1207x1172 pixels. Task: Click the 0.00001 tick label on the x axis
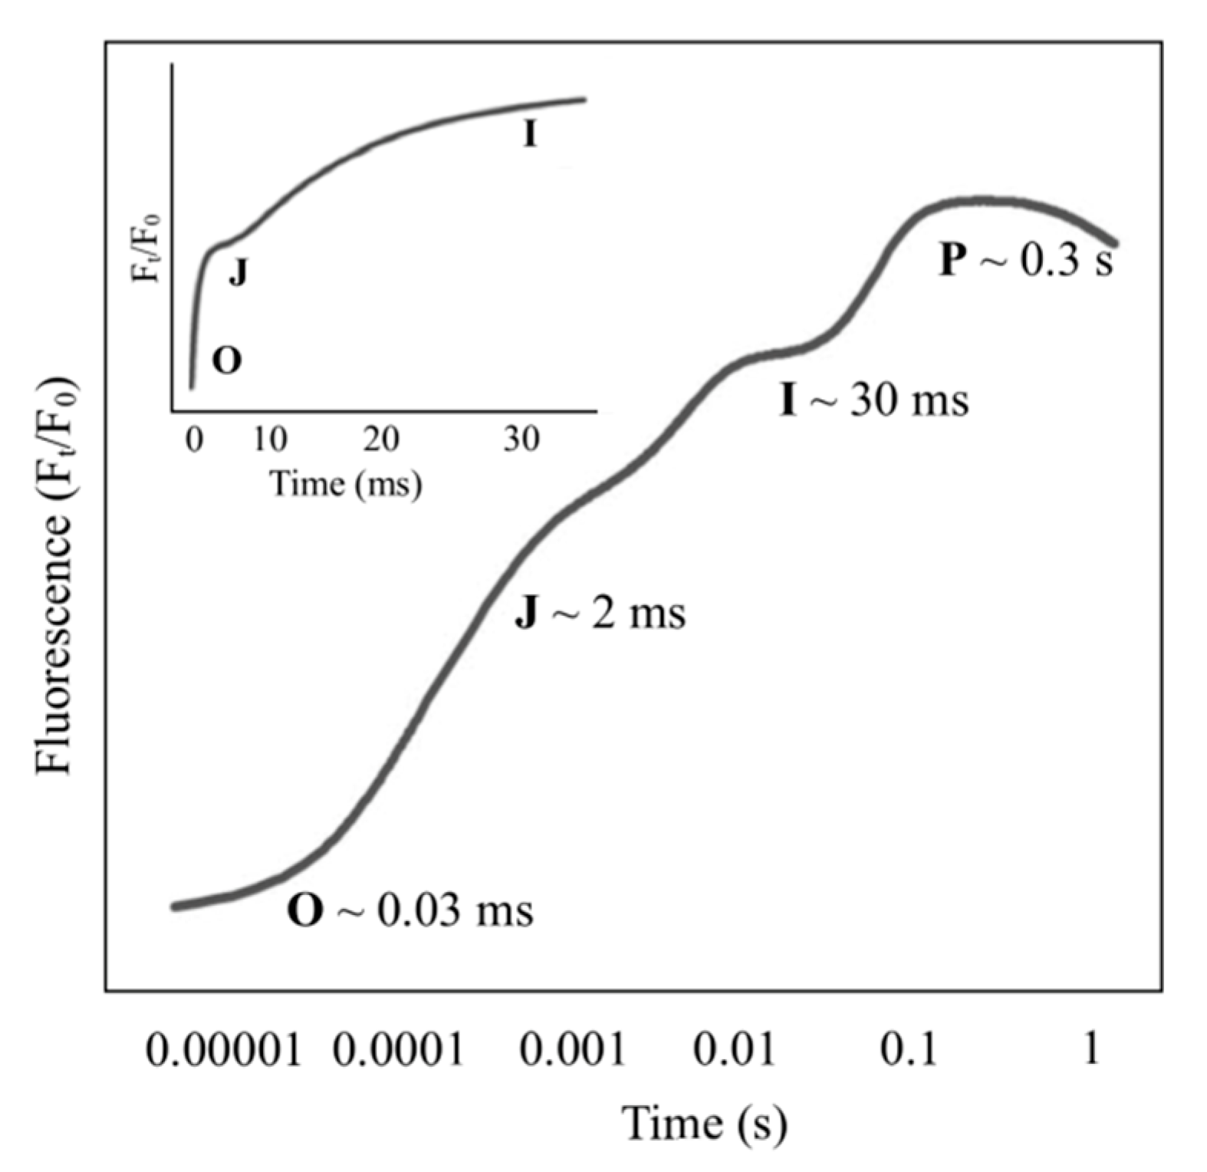click(223, 1049)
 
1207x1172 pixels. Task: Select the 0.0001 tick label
click(398, 1049)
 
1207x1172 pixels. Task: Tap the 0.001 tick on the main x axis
click(573, 1049)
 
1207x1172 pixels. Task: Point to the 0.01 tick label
click(735, 1049)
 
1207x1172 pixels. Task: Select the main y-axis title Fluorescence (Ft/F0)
click(56, 576)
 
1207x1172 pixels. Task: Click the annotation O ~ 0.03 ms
click(409, 910)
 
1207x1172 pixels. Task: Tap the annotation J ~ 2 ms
click(600, 614)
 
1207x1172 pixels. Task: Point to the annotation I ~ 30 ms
click(873, 400)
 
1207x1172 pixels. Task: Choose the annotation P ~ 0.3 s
click(1026, 260)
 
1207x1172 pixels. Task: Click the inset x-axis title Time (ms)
click(347, 484)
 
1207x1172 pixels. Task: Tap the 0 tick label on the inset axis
click(194, 439)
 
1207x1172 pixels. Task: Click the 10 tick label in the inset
click(270, 439)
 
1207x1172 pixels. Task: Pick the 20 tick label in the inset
click(381, 439)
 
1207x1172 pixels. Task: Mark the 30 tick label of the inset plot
click(521, 439)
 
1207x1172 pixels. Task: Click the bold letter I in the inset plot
click(530, 136)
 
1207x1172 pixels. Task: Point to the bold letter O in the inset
click(226, 360)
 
